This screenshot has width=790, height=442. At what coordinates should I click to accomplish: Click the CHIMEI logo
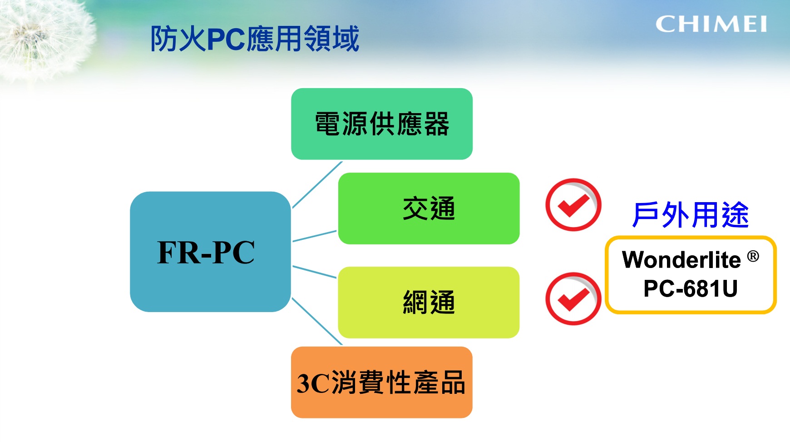click(x=711, y=24)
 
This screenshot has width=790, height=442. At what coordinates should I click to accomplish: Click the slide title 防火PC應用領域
click(x=255, y=39)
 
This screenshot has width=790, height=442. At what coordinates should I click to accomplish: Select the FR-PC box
click(x=210, y=252)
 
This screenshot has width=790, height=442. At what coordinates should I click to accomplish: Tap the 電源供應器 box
click(x=382, y=124)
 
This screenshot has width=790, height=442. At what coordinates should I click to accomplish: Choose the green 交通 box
click(x=429, y=209)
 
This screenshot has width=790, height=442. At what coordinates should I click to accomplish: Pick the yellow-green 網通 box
click(x=429, y=303)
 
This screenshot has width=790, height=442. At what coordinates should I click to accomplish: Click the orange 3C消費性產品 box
click(x=382, y=382)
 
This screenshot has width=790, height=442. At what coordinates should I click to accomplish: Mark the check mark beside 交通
click(x=573, y=205)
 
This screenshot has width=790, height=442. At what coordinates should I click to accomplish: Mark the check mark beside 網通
click(x=573, y=299)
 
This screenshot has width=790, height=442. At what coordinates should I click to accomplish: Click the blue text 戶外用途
click(x=691, y=215)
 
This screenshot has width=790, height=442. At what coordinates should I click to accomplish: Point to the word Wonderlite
click(x=681, y=260)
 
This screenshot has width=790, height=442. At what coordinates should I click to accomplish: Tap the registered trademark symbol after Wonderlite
click(x=753, y=257)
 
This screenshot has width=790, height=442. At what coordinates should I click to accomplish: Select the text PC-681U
click(x=691, y=288)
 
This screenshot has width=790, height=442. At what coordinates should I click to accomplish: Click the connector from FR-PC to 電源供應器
click(x=317, y=185)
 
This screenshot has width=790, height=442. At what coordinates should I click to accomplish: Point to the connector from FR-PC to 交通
click(x=315, y=236)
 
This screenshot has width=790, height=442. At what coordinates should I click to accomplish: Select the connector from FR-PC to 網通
click(x=315, y=272)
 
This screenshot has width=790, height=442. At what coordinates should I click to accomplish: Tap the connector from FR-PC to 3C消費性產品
click(x=317, y=321)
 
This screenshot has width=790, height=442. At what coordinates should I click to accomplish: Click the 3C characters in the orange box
click(x=313, y=383)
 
